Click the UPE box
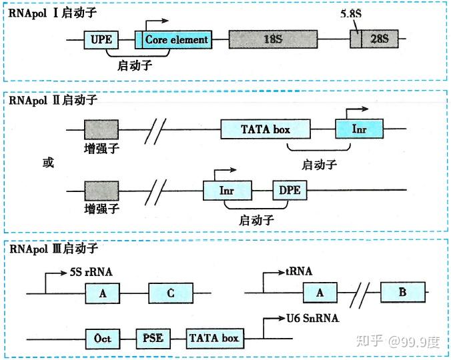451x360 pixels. (101, 40)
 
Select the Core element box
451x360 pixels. (176, 40)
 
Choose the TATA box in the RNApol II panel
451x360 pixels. (266, 129)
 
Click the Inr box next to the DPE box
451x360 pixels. (227, 190)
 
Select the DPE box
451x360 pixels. (289, 190)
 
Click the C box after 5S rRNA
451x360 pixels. (171, 293)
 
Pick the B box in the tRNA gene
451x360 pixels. (403, 293)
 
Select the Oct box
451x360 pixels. (102, 339)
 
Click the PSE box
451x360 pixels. (154, 339)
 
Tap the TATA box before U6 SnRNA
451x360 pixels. (214, 339)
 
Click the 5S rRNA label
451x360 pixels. (91, 273)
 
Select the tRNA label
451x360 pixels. (298, 271)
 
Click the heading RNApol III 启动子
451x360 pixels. (53, 249)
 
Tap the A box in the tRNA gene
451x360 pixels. (320, 293)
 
